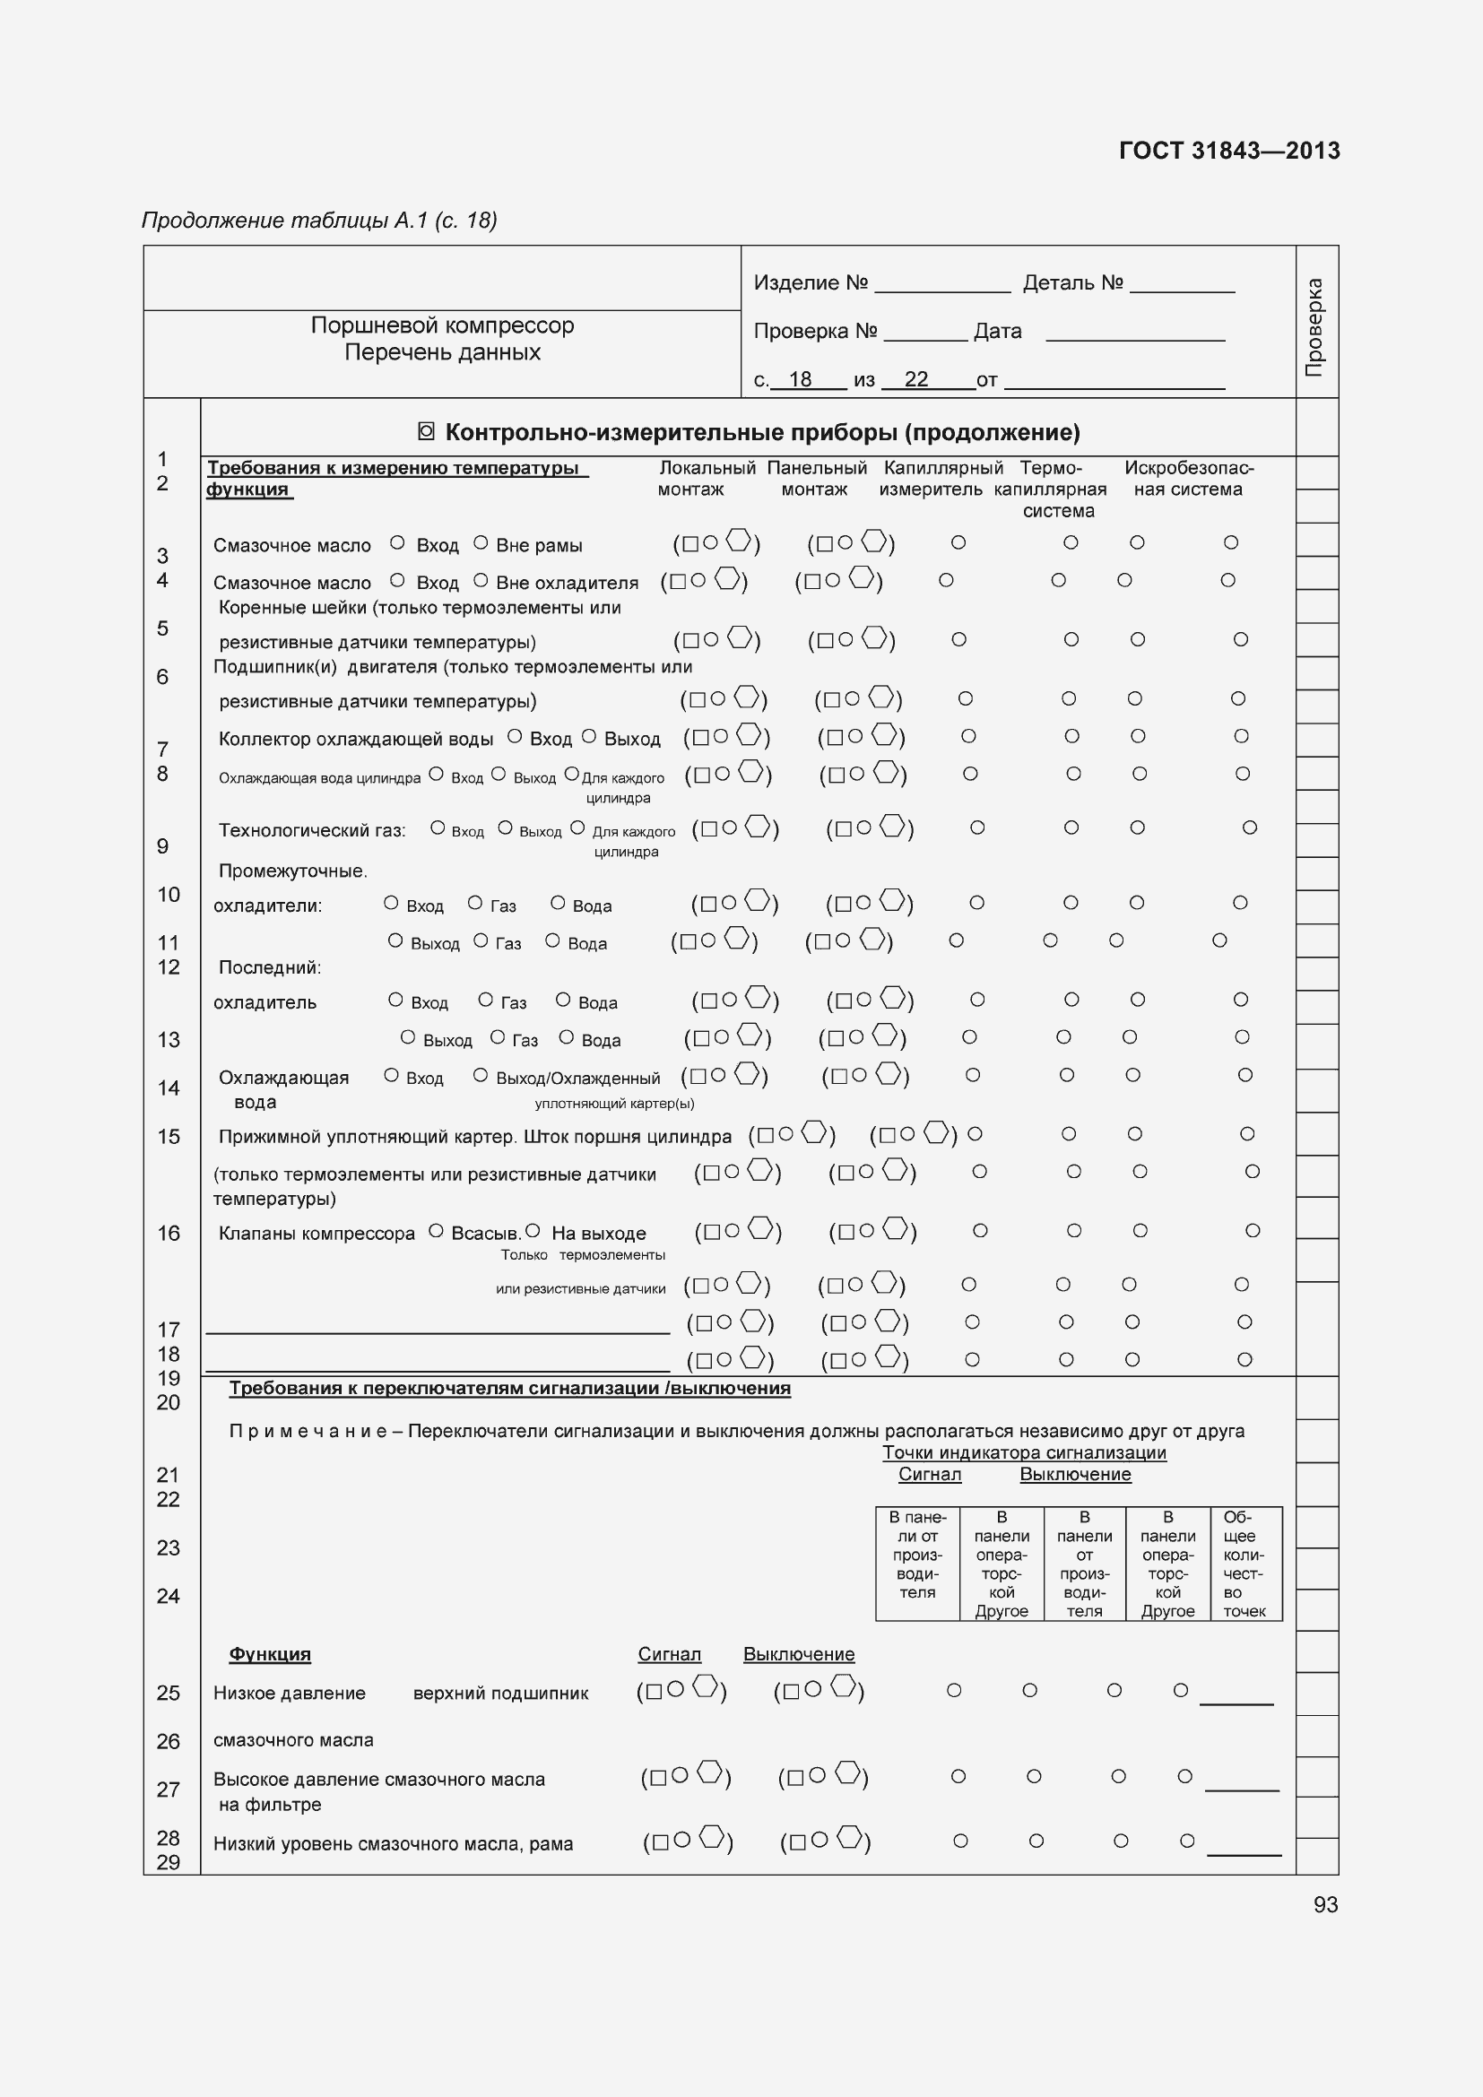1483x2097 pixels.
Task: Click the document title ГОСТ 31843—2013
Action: coord(1228,151)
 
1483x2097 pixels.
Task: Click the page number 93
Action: coord(1325,1904)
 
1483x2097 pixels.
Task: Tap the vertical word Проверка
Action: coord(1315,327)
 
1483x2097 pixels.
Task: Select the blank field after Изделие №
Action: coord(941,285)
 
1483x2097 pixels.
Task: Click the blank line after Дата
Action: coord(1134,334)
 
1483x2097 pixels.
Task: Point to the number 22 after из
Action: coord(916,379)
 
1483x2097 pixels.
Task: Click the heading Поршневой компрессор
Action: coord(442,325)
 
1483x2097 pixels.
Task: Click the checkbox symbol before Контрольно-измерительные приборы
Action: coord(426,432)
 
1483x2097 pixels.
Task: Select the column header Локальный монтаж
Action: coord(706,479)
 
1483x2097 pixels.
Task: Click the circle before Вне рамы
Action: coord(481,542)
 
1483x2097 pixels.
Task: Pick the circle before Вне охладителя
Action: coord(481,580)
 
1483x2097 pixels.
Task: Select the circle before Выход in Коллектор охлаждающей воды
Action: coord(589,736)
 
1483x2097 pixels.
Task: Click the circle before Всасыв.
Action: coord(436,1230)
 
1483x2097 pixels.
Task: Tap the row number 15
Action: coord(169,1136)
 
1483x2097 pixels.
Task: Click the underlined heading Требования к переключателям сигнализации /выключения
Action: coord(509,1388)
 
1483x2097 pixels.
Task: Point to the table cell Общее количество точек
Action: coord(1245,1564)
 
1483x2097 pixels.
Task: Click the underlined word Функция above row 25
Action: coord(269,1654)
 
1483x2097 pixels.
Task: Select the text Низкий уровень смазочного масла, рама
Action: coord(393,1843)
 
